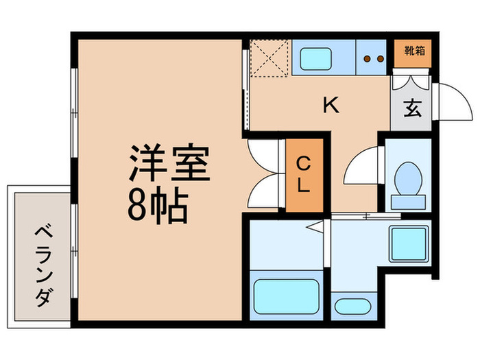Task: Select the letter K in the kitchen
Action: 331,105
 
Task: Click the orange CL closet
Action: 303,175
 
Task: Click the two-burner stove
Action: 373,57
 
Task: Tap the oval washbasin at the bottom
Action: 352,306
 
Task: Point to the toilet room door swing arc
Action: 361,169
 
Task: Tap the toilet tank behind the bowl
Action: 409,202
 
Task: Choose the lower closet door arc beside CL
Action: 264,191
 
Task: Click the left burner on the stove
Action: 366,58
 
